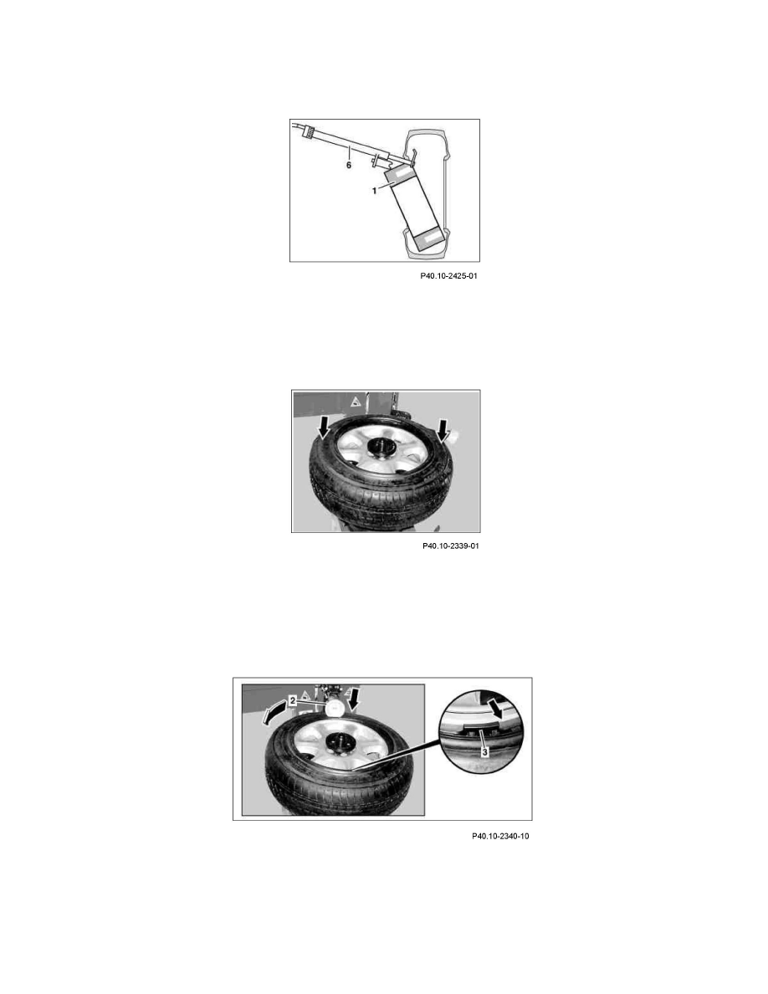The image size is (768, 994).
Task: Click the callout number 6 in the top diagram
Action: coord(349,165)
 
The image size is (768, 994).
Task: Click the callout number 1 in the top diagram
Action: coord(375,190)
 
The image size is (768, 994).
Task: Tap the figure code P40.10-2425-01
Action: coord(448,276)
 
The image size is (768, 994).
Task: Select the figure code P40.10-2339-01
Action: coord(450,546)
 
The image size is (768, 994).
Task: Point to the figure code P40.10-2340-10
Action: coord(500,836)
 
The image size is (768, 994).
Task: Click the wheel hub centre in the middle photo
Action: coord(381,448)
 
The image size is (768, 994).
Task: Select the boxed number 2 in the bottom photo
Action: coord(292,700)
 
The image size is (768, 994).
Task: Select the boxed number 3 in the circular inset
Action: coord(484,752)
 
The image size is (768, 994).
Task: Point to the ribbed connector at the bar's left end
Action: coord(310,132)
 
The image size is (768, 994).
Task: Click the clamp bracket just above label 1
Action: coord(378,161)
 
